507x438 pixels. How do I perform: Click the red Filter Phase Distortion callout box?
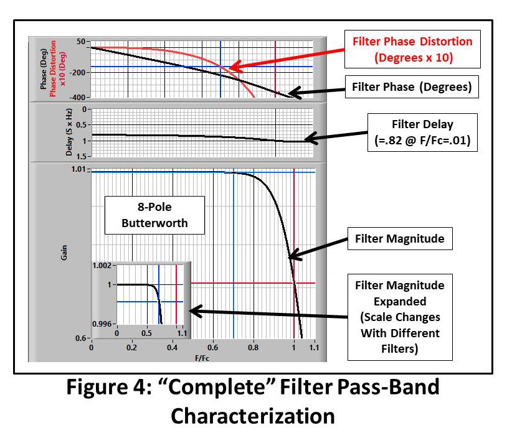pos(412,49)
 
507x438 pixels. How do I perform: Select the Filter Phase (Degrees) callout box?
pos(412,87)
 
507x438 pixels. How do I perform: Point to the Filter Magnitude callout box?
pos(400,238)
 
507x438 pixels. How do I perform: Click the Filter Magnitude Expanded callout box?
pos(400,317)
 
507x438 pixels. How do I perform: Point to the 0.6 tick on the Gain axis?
pos(81,338)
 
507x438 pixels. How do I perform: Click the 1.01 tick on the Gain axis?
pos(80,169)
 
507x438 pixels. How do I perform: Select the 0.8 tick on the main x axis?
pos(253,350)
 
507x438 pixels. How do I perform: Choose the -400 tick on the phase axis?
pos(78,98)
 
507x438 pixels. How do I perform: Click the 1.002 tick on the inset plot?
pos(103,266)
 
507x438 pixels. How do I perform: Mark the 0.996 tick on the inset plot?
pos(103,324)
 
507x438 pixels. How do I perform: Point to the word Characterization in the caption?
pos(253,416)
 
